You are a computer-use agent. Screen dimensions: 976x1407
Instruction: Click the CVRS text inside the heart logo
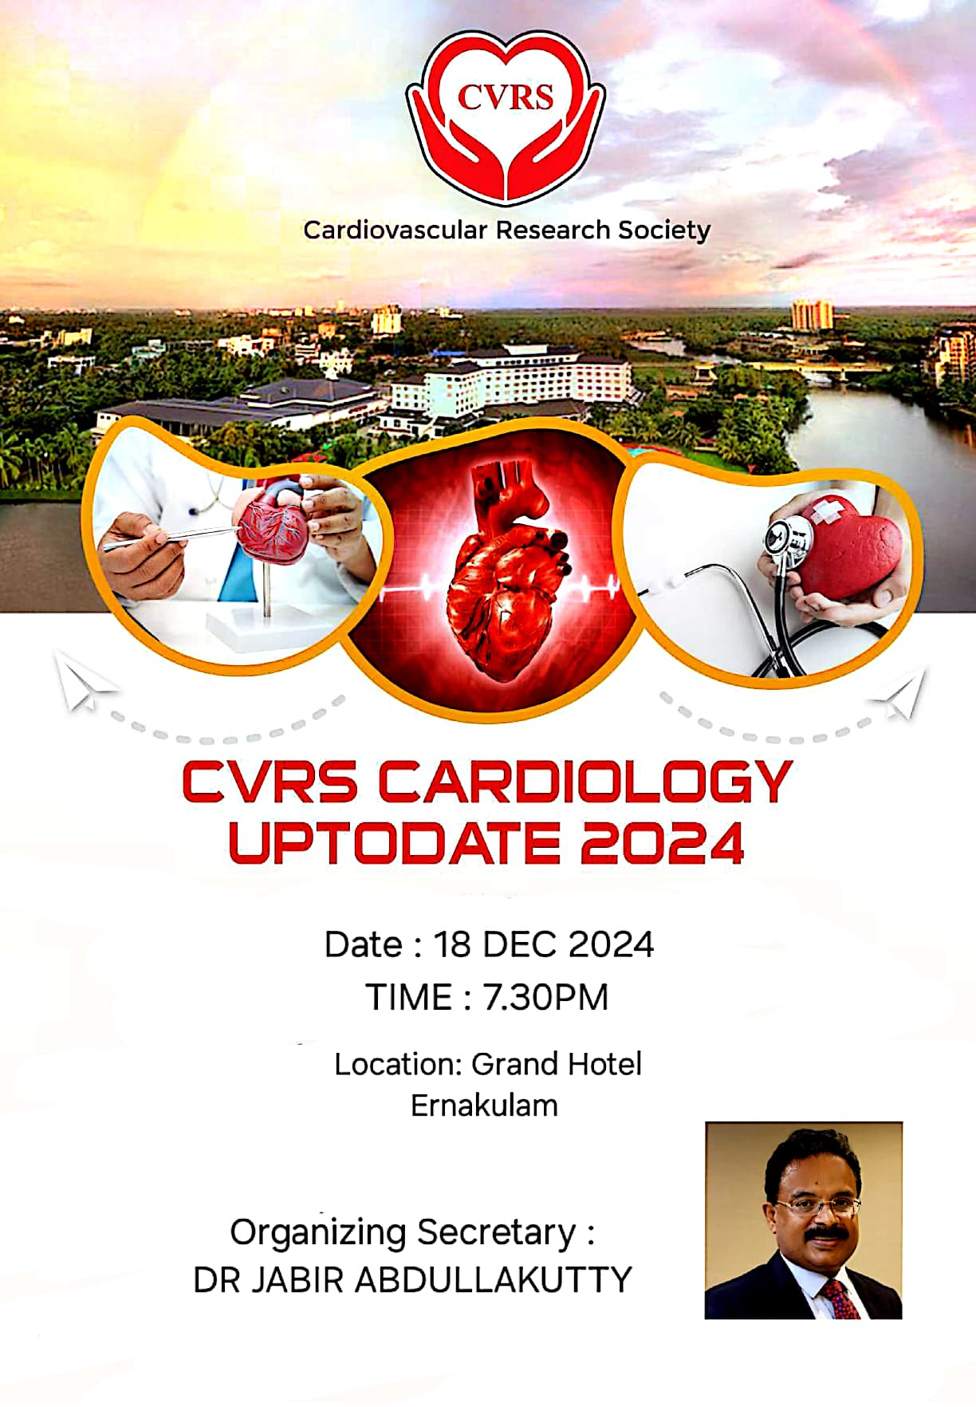point(506,97)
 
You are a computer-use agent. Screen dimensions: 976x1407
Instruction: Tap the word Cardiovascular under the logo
point(395,231)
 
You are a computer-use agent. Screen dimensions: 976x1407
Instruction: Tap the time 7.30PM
point(546,998)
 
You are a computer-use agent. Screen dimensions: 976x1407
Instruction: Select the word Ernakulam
point(484,1105)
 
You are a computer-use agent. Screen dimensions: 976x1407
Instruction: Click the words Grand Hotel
point(557,1064)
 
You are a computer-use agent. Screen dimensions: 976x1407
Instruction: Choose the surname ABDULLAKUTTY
point(493,1279)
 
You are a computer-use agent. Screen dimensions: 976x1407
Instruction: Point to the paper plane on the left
point(85,681)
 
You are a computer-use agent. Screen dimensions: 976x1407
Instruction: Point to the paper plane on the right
point(899,696)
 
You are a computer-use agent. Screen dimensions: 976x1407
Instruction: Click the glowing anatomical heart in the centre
point(509,573)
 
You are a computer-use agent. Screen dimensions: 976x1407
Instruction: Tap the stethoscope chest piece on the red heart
point(788,538)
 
